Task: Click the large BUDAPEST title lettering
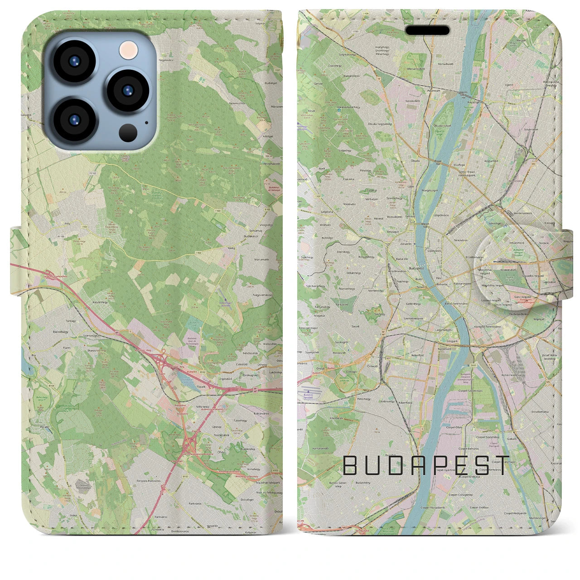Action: click(426, 466)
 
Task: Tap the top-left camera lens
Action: click(74, 62)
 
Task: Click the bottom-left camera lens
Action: click(74, 119)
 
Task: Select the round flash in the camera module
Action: click(129, 49)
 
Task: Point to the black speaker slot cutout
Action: click(427, 30)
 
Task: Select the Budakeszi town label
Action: click(250, 236)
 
